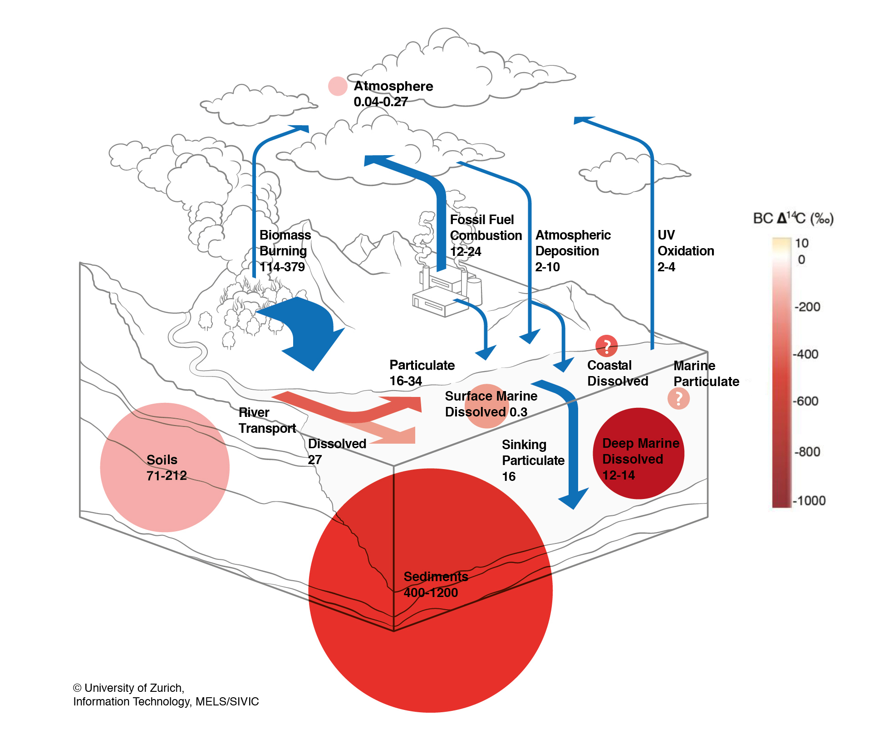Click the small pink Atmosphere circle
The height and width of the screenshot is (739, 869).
click(x=338, y=86)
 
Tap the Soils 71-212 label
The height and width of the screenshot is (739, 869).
click(x=166, y=468)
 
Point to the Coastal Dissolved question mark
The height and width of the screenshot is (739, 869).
click(x=607, y=346)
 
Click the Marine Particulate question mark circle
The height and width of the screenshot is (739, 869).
click(x=678, y=399)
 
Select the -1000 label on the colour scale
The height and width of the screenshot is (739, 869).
click(x=810, y=501)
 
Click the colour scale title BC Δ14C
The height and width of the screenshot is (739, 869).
click(x=793, y=219)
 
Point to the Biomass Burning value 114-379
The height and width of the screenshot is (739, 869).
click(x=282, y=267)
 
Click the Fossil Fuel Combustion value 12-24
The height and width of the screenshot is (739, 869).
click(x=466, y=251)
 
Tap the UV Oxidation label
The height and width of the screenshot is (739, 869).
click(x=686, y=243)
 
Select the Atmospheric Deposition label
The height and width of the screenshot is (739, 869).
click(x=573, y=243)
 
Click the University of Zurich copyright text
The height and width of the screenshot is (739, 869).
click(x=166, y=695)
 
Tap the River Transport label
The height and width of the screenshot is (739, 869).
click(x=267, y=421)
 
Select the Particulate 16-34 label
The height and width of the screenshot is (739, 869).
click(x=422, y=373)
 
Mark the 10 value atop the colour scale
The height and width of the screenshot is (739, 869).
click(x=802, y=243)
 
